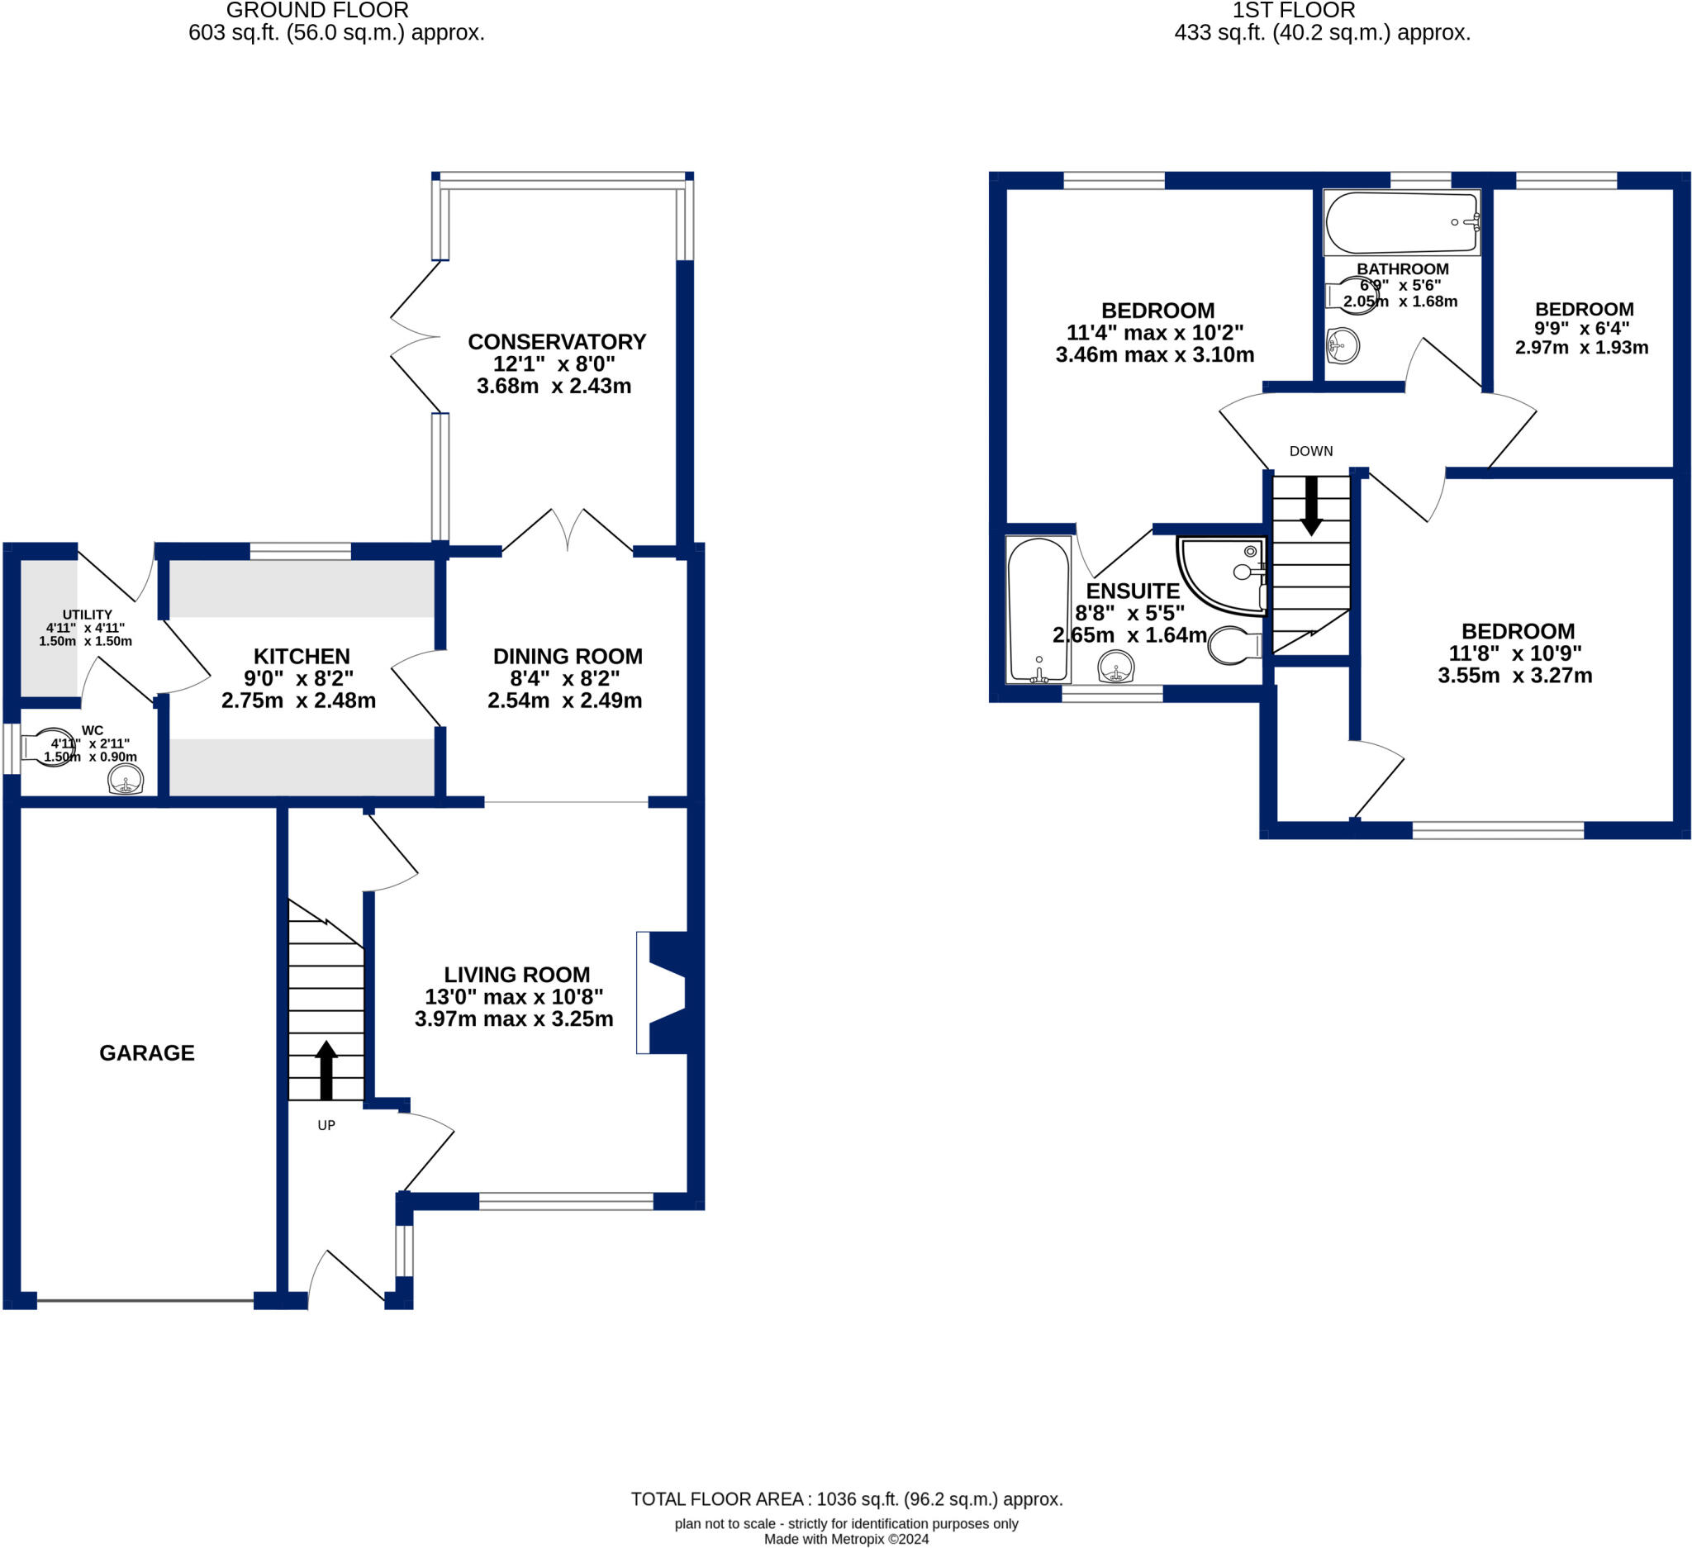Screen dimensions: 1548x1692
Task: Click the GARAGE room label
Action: [147, 1053]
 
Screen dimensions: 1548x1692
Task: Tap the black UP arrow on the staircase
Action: [326, 1071]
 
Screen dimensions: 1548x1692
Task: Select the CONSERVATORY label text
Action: [557, 342]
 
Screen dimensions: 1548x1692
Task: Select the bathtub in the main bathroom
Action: [1402, 222]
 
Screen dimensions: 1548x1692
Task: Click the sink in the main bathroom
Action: [1343, 344]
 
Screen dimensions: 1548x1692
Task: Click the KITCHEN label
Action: [302, 656]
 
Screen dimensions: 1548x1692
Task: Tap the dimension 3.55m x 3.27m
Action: [1515, 677]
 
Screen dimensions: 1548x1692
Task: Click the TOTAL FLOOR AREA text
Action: [846, 1499]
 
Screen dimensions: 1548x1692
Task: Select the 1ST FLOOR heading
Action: [1293, 11]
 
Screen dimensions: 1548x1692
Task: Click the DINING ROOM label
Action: [568, 656]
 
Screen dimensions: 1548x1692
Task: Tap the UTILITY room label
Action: [88, 615]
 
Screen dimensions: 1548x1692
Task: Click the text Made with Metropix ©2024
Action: [846, 1540]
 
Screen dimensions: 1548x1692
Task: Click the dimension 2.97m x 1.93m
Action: [1581, 348]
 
